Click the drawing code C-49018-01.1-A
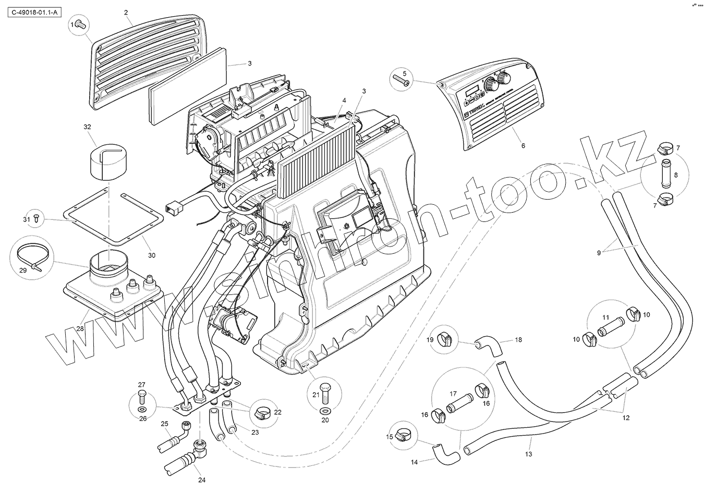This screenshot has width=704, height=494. click(33, 11)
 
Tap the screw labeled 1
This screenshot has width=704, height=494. click(80, 23)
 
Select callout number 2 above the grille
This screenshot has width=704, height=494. click(126, 11)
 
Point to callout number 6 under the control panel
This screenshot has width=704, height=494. click(523, 145)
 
